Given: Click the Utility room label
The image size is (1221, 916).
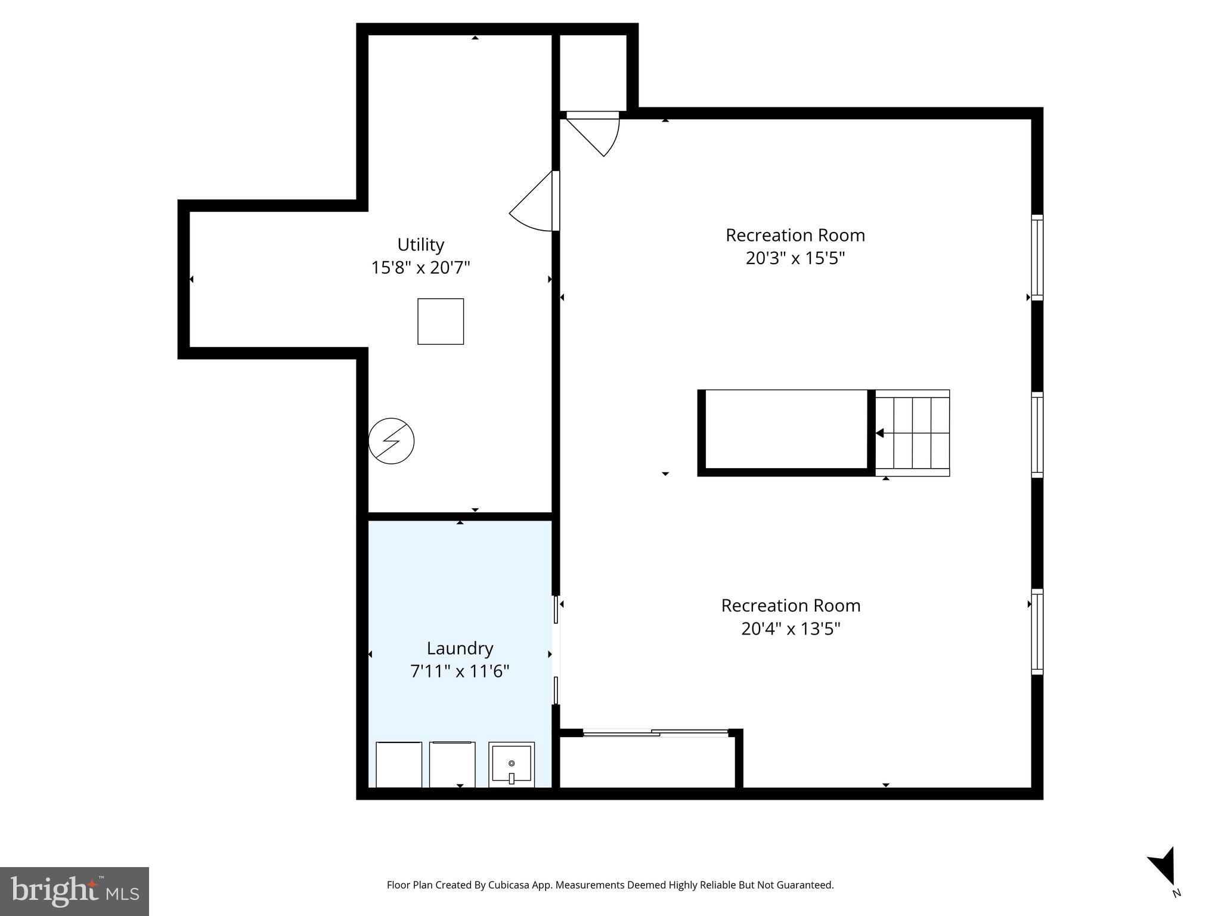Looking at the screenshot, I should (x=420, y=245).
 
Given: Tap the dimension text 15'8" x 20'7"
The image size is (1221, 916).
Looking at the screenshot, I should (x=420, y=268).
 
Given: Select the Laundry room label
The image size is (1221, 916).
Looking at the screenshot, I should (x=460, y=648).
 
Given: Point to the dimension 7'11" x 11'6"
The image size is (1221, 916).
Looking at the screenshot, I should (x=460, y=671).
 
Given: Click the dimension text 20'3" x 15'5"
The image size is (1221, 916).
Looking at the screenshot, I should (x=795, y=258).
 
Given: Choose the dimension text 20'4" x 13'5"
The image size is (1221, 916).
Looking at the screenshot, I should (x=791, y=629).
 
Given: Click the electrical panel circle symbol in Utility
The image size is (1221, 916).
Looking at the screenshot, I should (x=391, y=441).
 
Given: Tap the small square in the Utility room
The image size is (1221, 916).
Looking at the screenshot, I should (x=441, y=321).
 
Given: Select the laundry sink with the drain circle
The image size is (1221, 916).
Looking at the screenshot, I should (x=511, y=764).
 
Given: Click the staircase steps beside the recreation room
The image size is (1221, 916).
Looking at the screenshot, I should (x=913, y=433).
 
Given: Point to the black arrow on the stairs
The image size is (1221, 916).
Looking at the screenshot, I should (x=880, y=433).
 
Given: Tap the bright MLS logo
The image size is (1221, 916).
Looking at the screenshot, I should (x=74, y=891).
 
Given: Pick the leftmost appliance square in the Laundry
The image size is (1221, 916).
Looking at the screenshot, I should (x=399, y=765).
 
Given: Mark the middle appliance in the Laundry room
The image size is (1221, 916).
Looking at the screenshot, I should (x=453, y=765).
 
